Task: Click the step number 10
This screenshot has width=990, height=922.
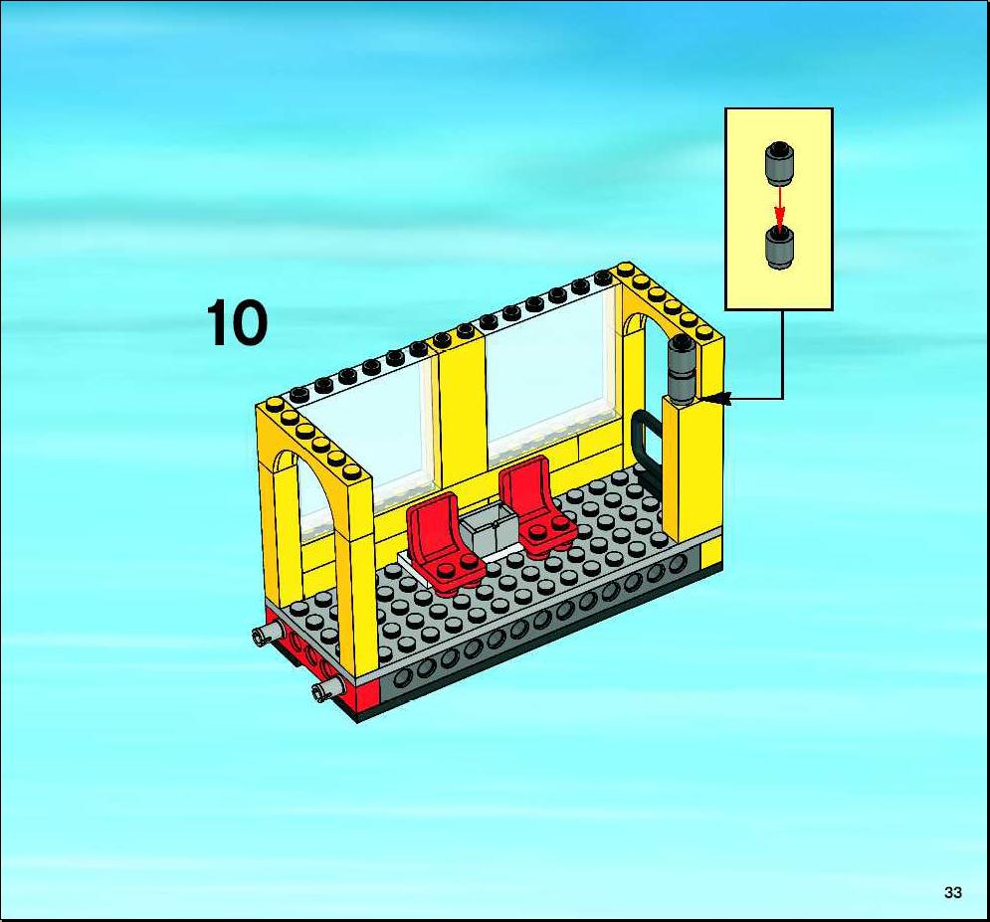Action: click(237, 323)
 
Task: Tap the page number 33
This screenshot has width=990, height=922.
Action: click(953, 892)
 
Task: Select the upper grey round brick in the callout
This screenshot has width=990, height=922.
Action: click(780, 163)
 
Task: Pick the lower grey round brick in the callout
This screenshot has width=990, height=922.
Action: click(780, 249)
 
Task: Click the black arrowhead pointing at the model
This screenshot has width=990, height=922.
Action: click(716, 398)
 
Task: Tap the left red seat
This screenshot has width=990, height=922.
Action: click(444, 543)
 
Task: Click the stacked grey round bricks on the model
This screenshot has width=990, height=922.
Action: click(683, 370)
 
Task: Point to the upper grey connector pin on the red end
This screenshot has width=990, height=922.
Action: click(268, 633)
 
